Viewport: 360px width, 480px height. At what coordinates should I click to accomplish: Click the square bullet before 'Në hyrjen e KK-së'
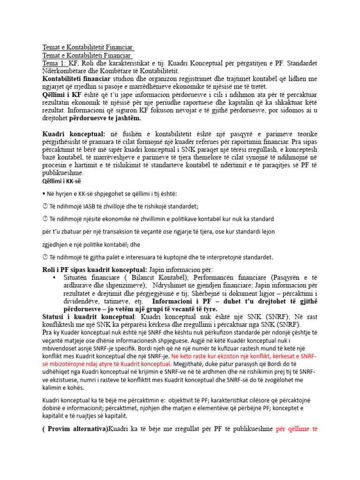[x=44, y=194]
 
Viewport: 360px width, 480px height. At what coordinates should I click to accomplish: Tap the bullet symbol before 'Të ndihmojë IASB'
[x=45, y=206]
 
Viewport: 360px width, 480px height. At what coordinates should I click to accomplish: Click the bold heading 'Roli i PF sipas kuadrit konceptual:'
[x=95, y=270]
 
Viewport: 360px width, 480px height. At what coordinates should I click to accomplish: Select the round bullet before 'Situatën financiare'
[x=56, y=278]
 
